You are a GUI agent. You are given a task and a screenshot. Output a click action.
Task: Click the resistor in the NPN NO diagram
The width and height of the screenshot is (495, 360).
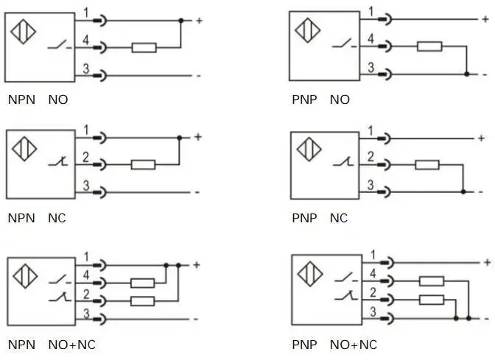click(144, 48)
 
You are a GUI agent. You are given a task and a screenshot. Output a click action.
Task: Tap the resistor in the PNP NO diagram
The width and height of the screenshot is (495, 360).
click(429, 46)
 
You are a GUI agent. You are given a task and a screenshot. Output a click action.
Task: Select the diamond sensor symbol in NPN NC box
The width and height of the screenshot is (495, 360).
click(24, 149)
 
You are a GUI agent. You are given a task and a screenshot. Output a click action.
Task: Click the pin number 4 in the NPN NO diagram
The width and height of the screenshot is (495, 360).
click(86, 40)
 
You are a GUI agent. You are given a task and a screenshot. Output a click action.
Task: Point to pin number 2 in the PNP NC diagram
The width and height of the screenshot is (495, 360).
click(371, 157)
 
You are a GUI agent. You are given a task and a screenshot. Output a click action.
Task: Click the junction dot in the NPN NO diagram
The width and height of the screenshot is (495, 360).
click(181, 21)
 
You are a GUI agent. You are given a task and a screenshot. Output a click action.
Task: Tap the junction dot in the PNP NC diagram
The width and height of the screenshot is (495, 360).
click(463, 192)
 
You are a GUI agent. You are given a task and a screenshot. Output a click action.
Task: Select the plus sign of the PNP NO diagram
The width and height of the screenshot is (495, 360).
click(485, 19)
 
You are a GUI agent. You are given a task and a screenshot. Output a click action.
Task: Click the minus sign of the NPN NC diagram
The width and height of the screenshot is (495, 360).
click(197, 192)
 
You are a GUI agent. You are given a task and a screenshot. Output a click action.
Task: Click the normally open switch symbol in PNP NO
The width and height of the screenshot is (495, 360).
click(345, 43)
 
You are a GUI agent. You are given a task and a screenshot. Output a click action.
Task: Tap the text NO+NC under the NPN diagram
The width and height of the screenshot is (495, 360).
click(72, 345)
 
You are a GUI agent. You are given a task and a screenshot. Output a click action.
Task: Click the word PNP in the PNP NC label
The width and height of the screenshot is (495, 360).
click(304, 218)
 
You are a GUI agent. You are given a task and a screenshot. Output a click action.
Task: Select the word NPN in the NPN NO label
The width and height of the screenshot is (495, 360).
click(21, 99)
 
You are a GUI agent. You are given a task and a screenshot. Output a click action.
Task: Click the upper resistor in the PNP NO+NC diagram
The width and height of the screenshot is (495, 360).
click(432, 280)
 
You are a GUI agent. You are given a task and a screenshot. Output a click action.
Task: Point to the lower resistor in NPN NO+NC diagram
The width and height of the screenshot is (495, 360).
click(143, 301)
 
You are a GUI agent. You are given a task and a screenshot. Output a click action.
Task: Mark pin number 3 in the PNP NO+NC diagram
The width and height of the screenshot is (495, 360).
click(373, 311)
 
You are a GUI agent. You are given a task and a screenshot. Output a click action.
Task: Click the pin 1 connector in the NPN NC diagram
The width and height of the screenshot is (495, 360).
click(99, 138)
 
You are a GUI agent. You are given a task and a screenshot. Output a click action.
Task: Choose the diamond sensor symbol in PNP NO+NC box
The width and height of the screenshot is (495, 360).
click(310, 274)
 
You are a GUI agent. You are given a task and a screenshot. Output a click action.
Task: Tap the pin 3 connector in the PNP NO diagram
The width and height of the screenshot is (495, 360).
click(385, 74)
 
